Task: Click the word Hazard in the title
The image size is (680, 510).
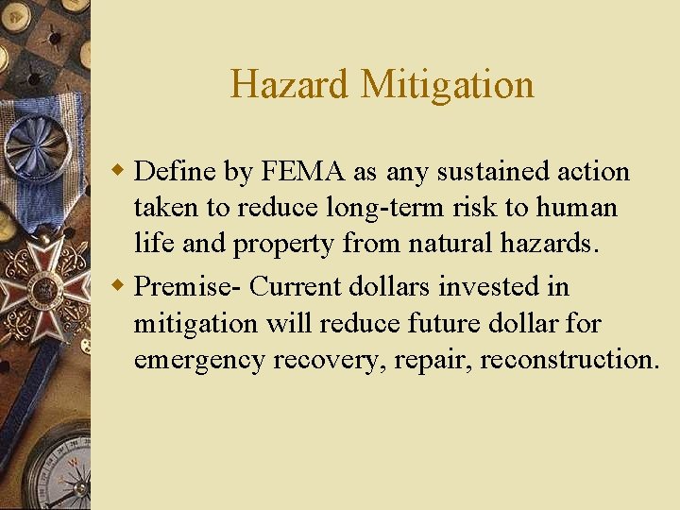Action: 290,84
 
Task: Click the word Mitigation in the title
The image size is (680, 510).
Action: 448,84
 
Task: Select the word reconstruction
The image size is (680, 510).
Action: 569,360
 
